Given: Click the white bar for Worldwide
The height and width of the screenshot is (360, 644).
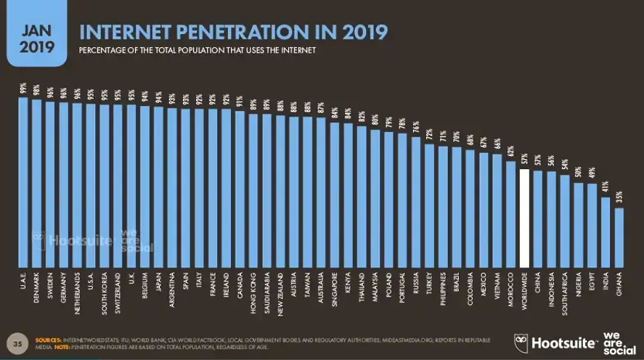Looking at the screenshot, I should [x=524, y=216].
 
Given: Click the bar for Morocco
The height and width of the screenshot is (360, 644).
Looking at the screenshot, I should [x=511, y=213].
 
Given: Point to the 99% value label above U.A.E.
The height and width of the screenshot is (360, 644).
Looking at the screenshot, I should [x=23, y=89].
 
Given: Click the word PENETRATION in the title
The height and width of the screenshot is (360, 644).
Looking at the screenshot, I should [x=212, y=33].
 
